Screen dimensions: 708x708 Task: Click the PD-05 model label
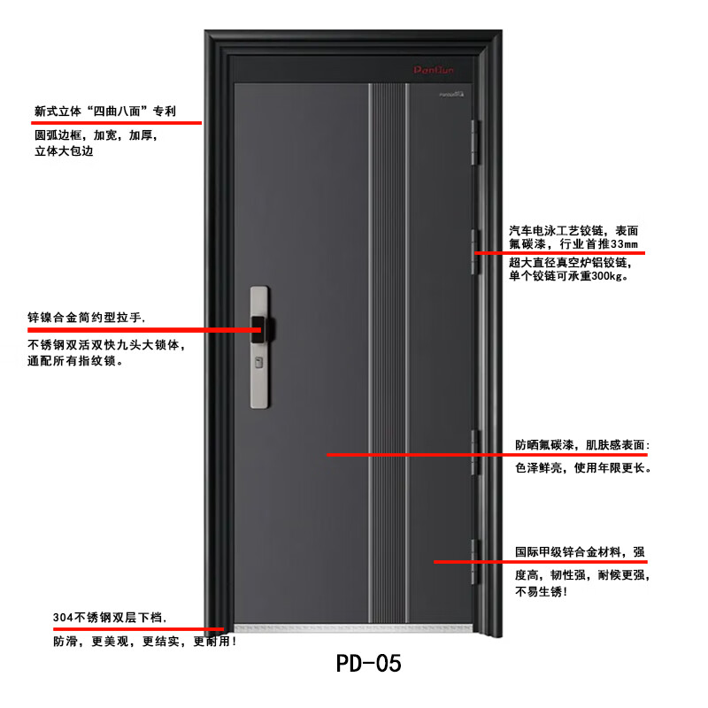(369, 663)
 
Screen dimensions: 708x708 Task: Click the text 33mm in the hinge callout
(624, 244)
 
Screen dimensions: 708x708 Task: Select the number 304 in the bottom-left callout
(63, 617)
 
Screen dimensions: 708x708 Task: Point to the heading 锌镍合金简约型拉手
(86, 318)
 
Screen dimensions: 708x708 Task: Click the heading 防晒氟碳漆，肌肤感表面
(583, 443)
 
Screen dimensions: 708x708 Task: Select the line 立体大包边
(64, 151)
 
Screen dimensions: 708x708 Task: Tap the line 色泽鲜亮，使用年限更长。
(584, 468)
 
